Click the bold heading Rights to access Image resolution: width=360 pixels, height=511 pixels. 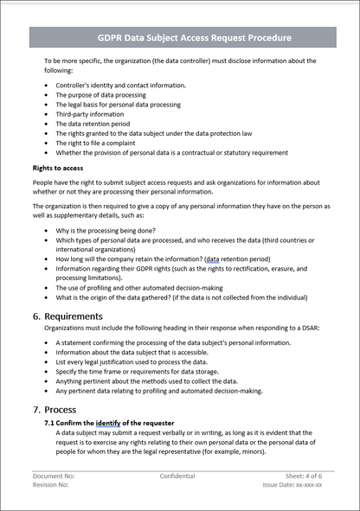[x=58, y=168]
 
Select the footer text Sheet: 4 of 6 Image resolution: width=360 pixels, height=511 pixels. [x=304, y=476]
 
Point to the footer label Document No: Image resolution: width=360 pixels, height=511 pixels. [x=55, y=476]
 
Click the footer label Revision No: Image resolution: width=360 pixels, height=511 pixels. [x=51, y=485]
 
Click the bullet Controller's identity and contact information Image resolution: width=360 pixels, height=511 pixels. [x=120, y=86]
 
